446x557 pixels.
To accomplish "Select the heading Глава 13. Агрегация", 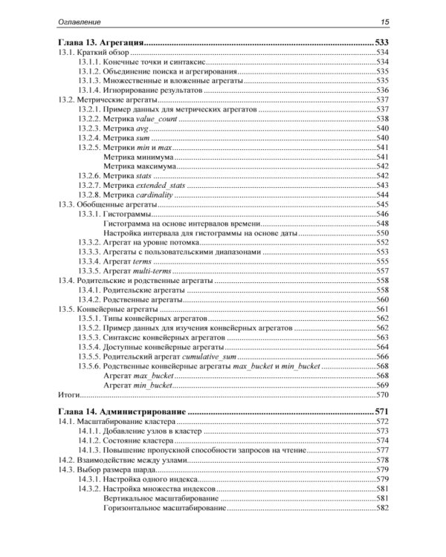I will click(100, 44).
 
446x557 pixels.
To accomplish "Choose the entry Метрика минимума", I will click(138, 157).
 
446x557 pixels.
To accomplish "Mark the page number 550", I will click(383, 232).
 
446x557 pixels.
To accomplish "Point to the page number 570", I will click(383, 395).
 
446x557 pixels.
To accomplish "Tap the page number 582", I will click(383, 509).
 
